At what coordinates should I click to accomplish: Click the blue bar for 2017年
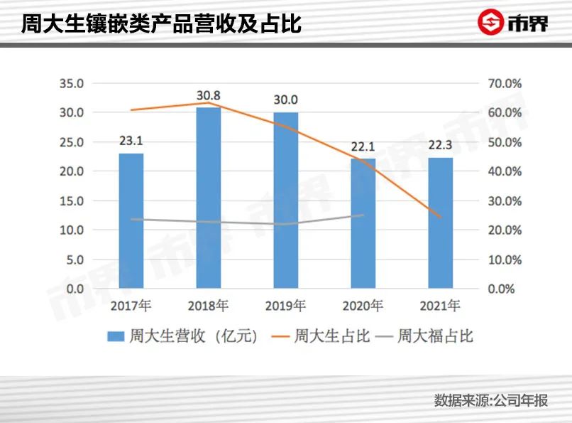[131, 221]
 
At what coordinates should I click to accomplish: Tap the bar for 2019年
[285, 200]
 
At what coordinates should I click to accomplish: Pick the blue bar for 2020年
[363, 224]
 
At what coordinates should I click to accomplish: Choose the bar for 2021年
[441, 223]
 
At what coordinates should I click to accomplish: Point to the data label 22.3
[441, 146]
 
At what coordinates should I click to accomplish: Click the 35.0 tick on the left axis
[71, 83]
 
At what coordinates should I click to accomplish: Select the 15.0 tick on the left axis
[71, 201]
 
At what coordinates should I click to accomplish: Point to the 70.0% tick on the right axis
[505, 83]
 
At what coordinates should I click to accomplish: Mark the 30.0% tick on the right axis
[505, 201]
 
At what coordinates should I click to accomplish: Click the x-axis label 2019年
[285, 306]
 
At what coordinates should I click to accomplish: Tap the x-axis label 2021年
[441, 306]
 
